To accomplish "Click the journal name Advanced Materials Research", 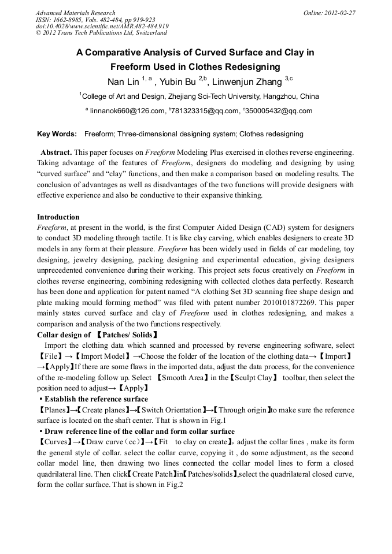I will click(75, 13).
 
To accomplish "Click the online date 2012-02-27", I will click(341, 13).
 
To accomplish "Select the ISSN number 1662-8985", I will click(69, 20).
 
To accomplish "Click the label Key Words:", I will click(57, 134).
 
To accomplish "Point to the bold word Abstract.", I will click(56, 153).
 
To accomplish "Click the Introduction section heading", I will click(58, 217).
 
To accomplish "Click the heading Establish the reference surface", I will click(96, 399).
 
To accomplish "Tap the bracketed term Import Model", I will click(105, 356).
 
